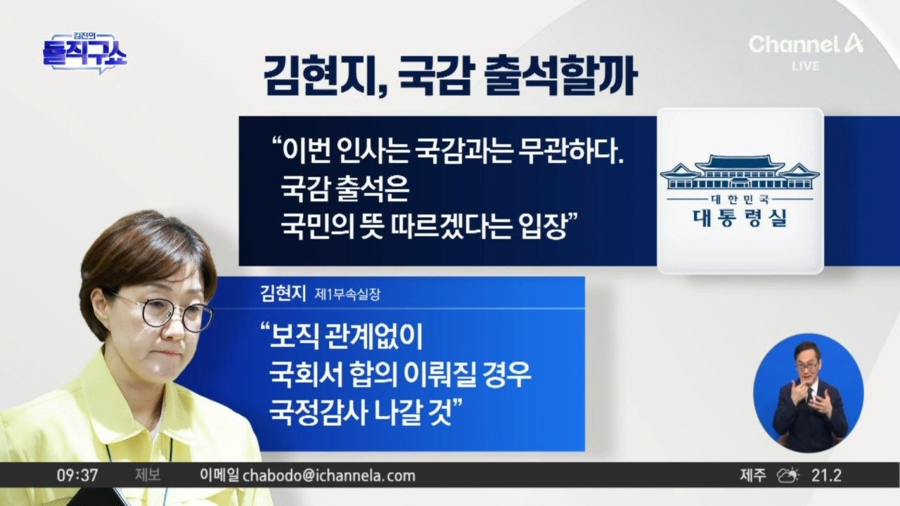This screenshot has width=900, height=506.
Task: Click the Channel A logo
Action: click(806, 44)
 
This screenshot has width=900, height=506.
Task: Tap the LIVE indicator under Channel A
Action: click(806, 66)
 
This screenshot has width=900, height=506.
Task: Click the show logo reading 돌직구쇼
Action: click(85, 55)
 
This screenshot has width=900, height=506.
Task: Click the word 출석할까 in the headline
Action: click(562, 77)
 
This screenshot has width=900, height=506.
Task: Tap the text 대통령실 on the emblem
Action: click(740, 218)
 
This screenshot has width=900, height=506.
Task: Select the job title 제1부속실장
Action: click(347, 294)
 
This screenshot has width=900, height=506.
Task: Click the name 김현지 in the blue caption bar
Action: click(283, 293)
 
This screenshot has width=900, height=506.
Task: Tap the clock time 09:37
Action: click(77, 476)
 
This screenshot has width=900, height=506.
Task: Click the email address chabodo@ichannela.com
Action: click(329, 476)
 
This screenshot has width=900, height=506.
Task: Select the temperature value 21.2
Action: click(826, 476)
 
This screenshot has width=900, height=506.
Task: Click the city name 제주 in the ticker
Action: click(753, 476)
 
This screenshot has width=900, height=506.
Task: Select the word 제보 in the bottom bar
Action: click(148, 476)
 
